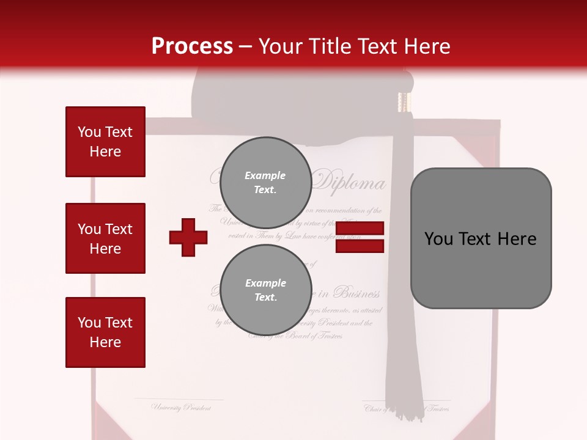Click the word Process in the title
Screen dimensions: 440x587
click(x=192, y=46)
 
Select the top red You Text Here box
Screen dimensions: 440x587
click(x=105, y=142)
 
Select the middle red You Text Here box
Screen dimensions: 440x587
click(x=105, y=238)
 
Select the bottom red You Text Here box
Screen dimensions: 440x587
click(x=105, y=332)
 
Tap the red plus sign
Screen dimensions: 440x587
click(x=188, y=237)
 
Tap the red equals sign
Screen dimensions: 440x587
click(x=360, y=238)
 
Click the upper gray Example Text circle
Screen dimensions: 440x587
click(x=265, y=182)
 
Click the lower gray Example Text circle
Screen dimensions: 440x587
click(x=265, y=290)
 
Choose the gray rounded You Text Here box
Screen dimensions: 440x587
click(x=481, y=238)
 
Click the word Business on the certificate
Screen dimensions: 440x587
click(x=358, y=293)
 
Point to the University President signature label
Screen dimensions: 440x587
click(x=181, y=407)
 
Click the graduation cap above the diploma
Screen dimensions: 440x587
click(x=293, y=101)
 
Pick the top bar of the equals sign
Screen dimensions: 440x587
click(x=360, y=229)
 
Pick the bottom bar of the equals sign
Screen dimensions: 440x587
click(x=360, y=246)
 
